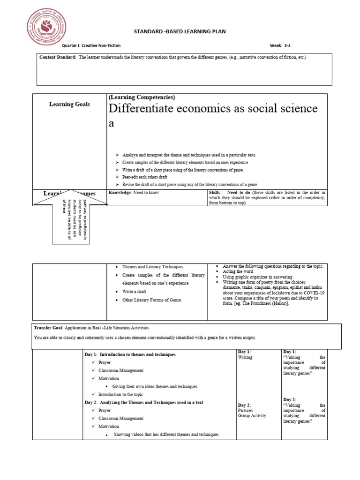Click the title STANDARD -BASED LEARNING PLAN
[180, 31]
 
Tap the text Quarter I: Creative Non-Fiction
[91, 45]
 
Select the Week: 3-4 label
[280, 45]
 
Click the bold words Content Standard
[57, 57]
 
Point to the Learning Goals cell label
[69, 104]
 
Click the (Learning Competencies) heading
[142, 97]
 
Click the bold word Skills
[215, 193]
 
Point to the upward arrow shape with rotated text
[71, 216]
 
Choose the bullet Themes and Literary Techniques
[153, 266]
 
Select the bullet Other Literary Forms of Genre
[151, 300]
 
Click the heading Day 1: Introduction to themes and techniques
[130, 354]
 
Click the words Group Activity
[252, 415]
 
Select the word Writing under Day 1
[245, 357]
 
